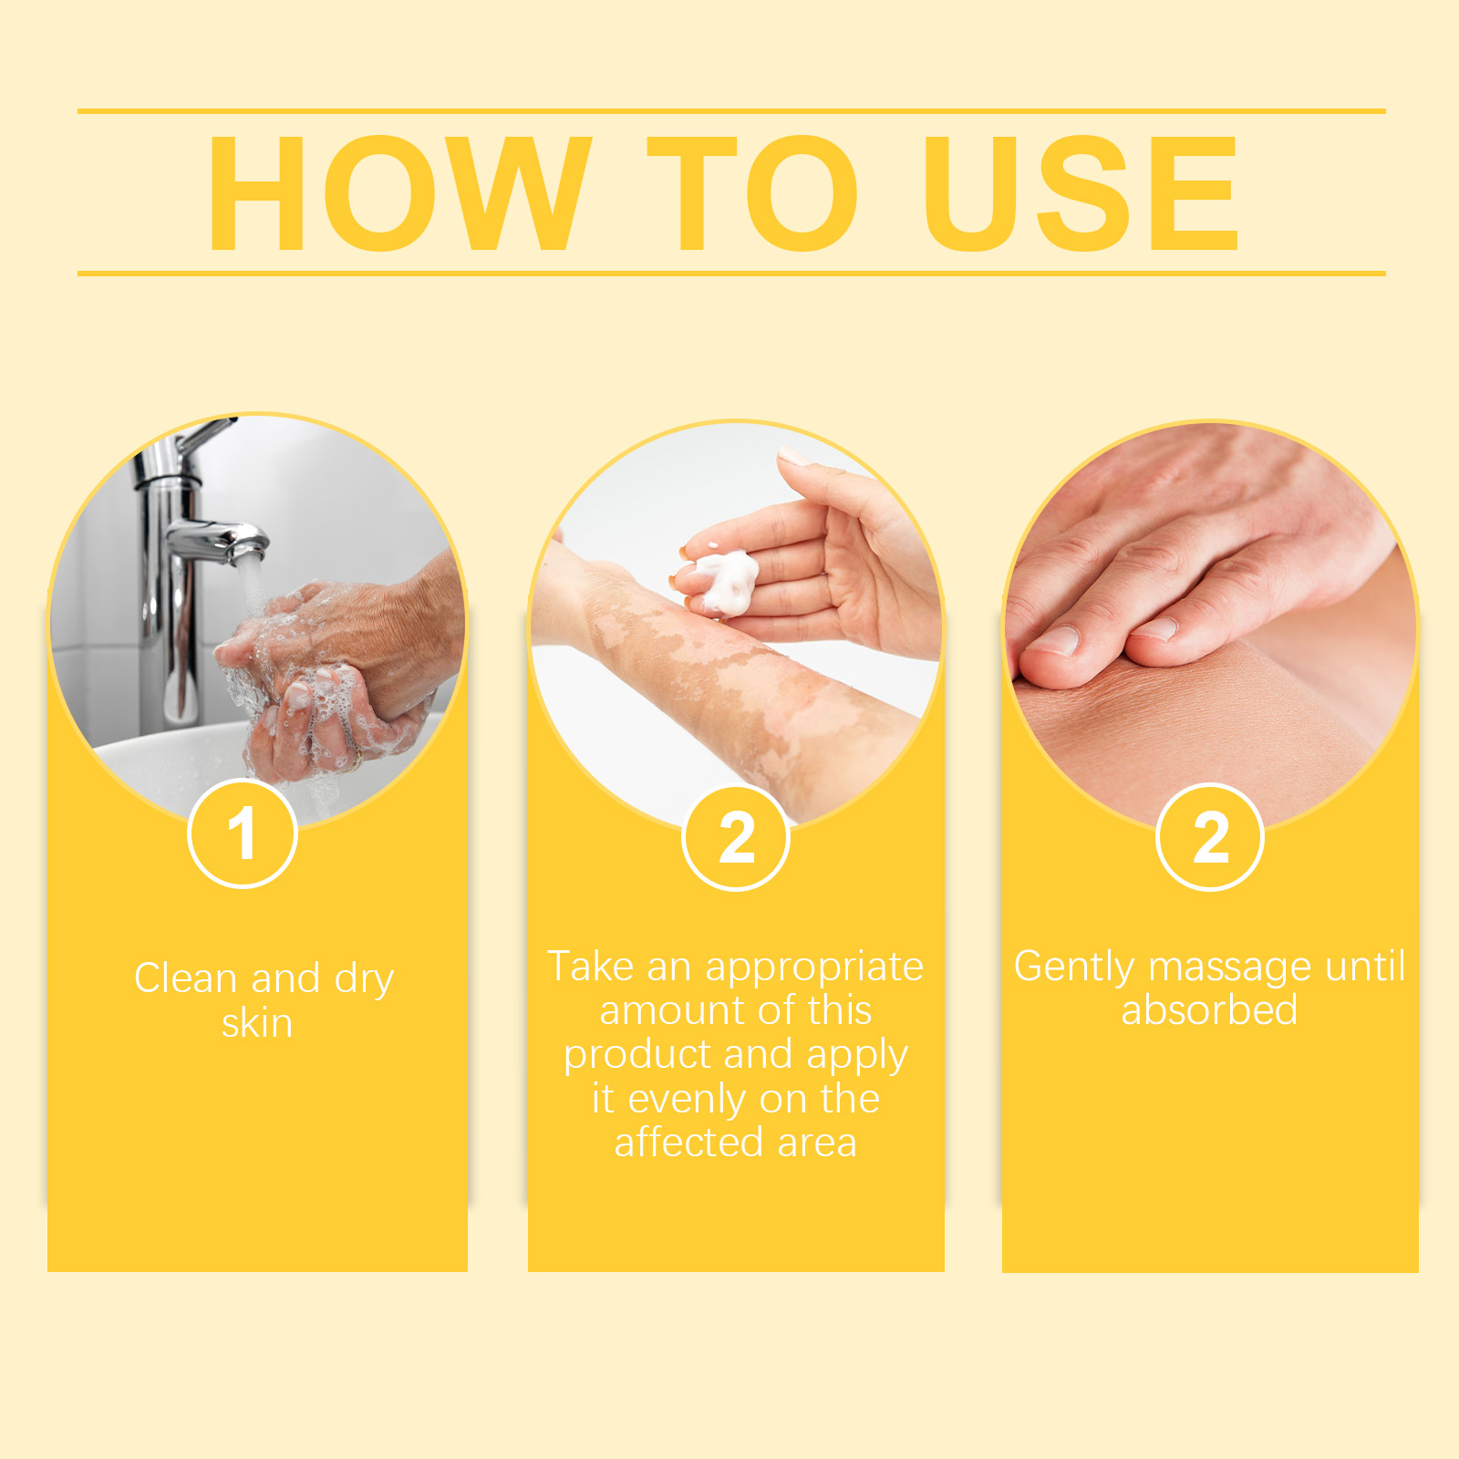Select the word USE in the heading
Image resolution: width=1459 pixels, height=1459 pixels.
1081,192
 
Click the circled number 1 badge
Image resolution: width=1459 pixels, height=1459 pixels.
243,833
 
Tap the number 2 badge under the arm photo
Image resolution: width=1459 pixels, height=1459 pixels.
736,838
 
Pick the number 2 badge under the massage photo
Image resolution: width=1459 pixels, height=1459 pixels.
1210,838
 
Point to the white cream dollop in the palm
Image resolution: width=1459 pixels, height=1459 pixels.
725,581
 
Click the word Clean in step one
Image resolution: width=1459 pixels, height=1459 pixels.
186,978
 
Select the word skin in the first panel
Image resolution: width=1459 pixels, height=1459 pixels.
257,1023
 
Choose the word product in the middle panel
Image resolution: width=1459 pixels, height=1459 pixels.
638,1056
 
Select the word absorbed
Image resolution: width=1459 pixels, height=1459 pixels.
1209,1010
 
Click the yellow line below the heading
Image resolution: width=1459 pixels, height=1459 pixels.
731,273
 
